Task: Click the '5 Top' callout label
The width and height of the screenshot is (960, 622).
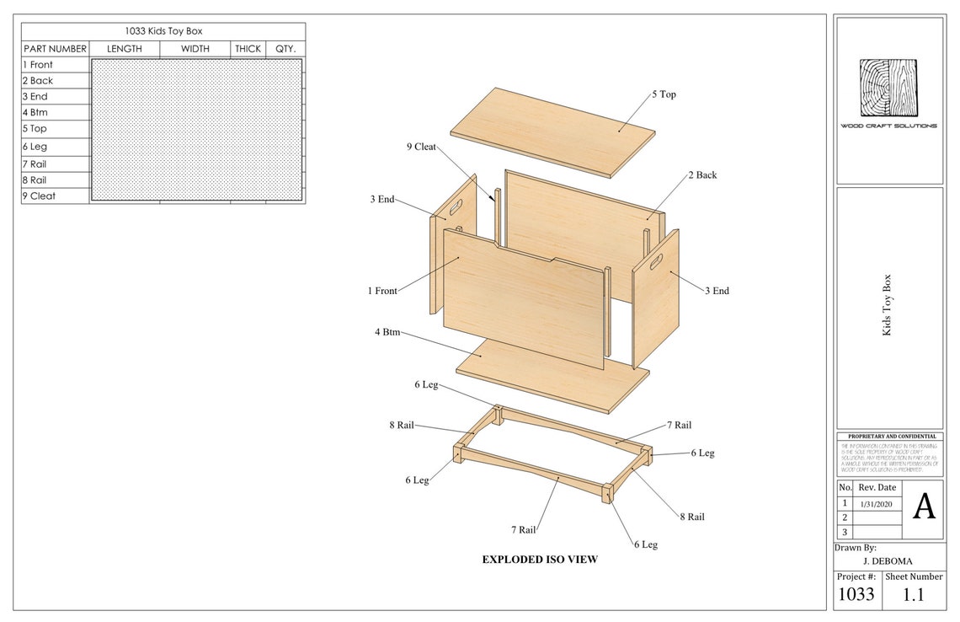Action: click(664, 94)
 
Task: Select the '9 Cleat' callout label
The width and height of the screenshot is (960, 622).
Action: click(421, 147)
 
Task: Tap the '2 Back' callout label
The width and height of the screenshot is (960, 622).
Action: click(702, 175)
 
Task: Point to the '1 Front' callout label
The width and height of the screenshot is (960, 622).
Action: click(381, 291)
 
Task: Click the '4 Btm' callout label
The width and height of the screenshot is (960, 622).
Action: click(387, 332)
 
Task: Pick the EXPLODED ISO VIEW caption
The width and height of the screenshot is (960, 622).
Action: click(540, 559)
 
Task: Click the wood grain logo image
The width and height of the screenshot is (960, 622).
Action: click(888, 88)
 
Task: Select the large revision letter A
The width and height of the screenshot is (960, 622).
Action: click(925, 507)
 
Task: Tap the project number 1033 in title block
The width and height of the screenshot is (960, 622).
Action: click(855, 594)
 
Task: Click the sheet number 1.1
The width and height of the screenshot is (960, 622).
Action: click(915, 594)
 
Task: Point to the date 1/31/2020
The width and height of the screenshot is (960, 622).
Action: click(876, 503)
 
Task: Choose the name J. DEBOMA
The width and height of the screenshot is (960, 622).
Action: click(888, 561)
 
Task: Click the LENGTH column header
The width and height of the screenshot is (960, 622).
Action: click(125, 49)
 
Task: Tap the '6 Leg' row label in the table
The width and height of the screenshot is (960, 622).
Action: click(35, 147)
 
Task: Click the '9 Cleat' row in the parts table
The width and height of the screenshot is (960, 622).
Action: click(39, 196)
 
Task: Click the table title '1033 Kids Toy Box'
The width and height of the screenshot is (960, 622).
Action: click(163, 31)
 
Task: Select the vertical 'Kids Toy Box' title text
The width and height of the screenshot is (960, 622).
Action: click(887, 305)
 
